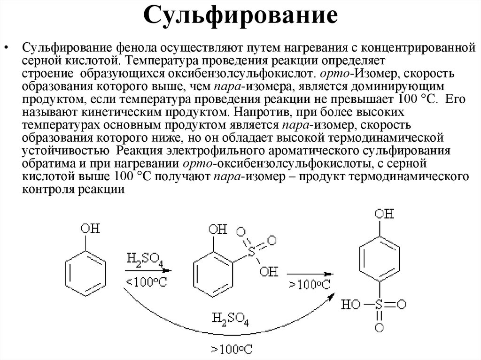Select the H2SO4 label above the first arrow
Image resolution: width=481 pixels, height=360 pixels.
click(144, 260)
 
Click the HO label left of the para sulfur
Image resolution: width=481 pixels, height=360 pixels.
click(352, 305)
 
